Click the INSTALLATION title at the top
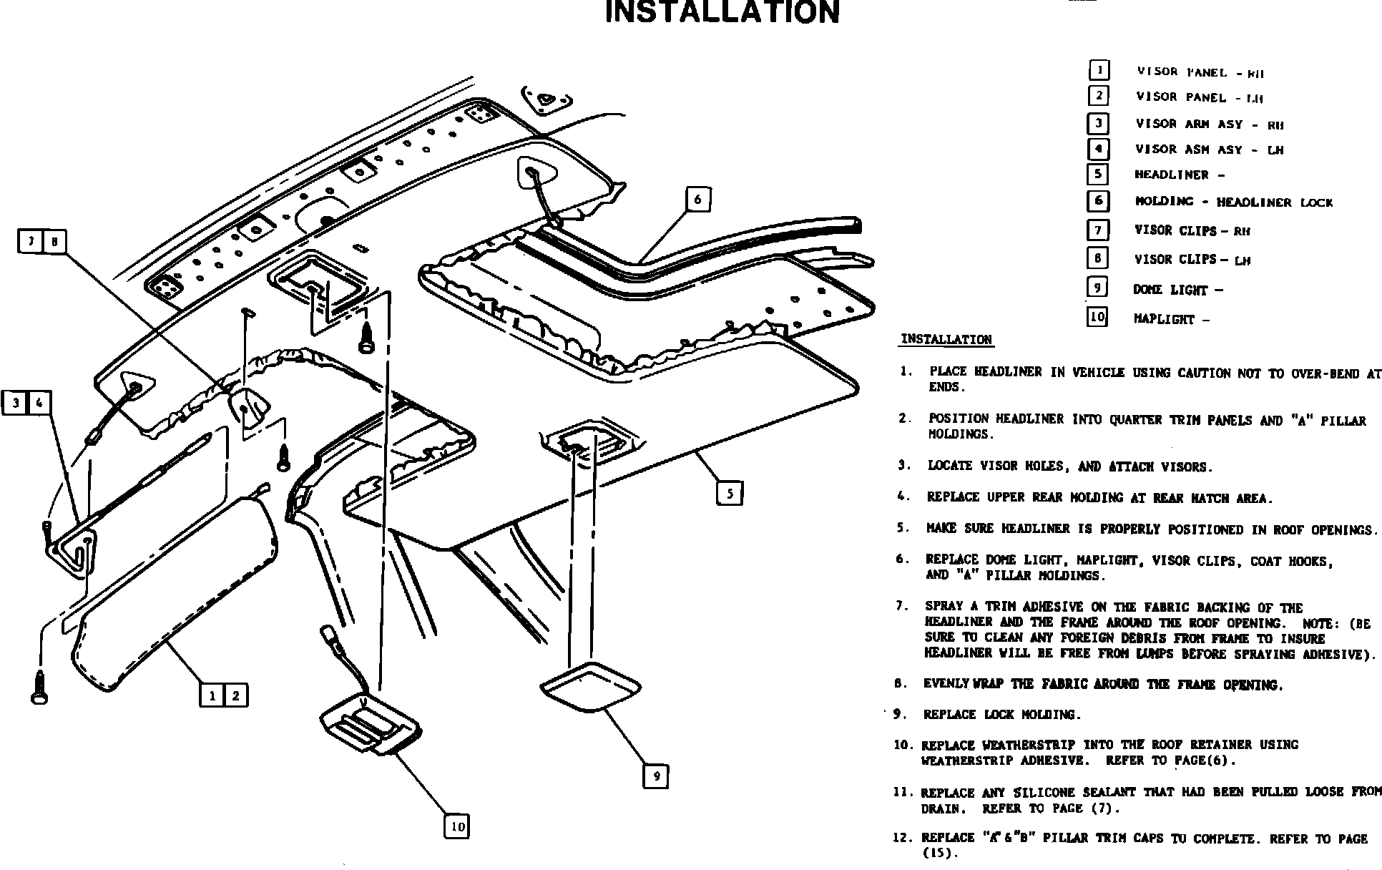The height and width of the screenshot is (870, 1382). coord(722,12)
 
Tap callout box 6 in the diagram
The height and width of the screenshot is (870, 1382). coord(697,199)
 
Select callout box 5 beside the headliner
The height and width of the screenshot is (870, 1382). coord(729,493)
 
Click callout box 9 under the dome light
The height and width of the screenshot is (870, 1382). coord(655,776)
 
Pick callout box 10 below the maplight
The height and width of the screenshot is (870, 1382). coord(457,827)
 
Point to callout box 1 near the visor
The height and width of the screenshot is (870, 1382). coord(212,695)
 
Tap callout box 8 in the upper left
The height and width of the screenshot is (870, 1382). coord(54,242)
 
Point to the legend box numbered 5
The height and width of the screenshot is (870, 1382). coord(1097,175)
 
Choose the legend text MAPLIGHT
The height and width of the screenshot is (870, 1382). coord(1164,319)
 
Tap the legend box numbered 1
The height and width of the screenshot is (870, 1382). coord(1099,70)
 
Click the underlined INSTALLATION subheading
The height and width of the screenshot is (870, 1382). coord(946,339)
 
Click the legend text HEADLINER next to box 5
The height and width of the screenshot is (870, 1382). coord(1171,175)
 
